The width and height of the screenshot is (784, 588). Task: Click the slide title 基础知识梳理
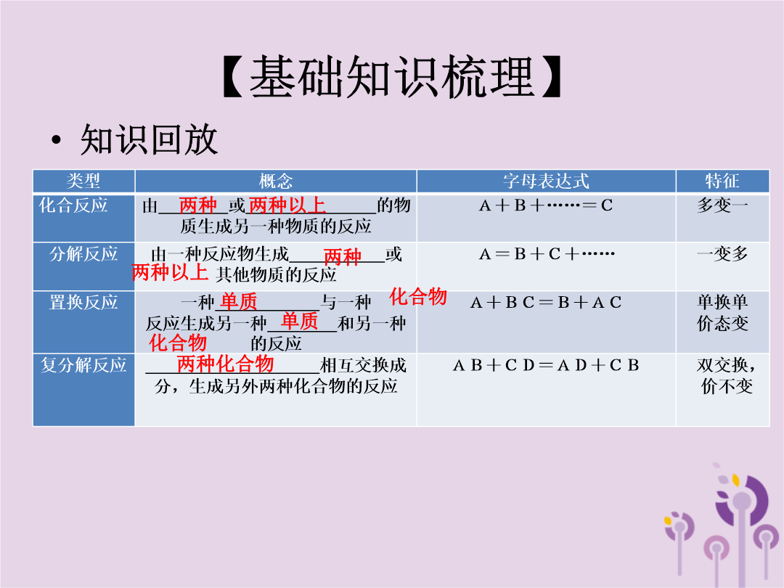(392, 76)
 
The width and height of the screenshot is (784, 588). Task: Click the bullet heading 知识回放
(149, 139)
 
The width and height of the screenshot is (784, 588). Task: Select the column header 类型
(83, 181)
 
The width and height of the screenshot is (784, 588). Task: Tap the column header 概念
(276, 181)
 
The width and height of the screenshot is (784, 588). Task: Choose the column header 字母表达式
(546, 181)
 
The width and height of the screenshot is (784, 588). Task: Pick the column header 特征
(722, 181)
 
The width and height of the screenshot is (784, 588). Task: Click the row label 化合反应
(73, 205)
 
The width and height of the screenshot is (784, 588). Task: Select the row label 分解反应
(83, 254)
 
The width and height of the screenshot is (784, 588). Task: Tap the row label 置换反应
(83, 303)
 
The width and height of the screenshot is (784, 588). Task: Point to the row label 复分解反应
(83, 365)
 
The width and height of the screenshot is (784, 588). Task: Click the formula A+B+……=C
(545, 205)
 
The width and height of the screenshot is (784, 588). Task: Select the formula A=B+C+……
(547, 254)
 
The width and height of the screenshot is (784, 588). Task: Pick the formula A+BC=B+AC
(545, 303)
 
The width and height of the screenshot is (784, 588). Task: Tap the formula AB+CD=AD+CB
(545, 365)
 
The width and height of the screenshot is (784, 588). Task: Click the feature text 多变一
(722, 205)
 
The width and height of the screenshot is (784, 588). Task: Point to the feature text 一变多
(722, 254)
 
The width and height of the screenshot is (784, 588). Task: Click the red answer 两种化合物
(226, 364)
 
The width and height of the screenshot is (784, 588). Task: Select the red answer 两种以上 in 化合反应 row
(287, 205)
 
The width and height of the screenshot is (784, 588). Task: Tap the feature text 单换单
(722, 302)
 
